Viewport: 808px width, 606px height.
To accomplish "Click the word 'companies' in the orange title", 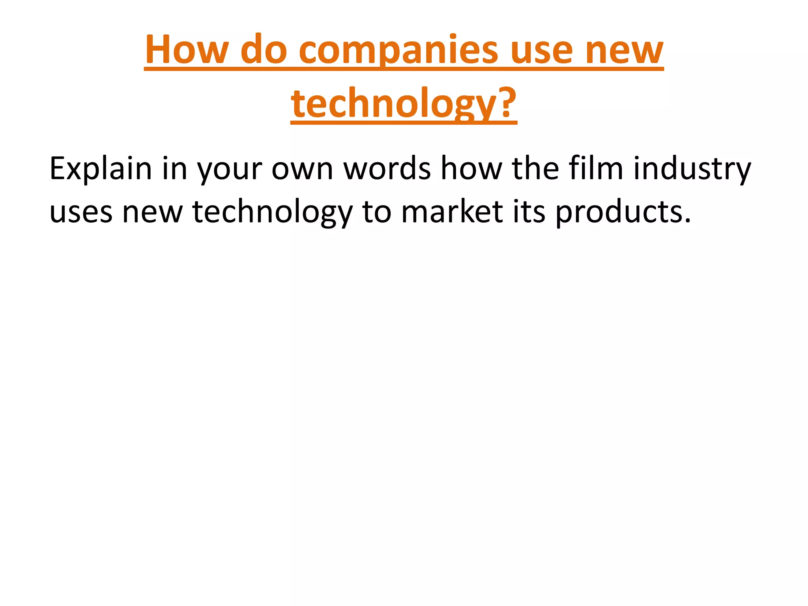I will click(x=398, y=50).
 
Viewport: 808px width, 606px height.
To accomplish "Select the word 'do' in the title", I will click(x=264, y=50).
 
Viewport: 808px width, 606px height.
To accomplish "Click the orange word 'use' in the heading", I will click(x=541, y=50).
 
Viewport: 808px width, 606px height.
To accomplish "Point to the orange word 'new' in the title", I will click(x=624, y=50).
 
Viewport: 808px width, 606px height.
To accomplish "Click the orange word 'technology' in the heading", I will click(x=391, y=103).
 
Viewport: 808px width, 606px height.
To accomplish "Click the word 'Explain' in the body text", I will click(x=101, y=169).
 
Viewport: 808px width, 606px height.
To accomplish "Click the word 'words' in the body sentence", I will click(x=387, y=169).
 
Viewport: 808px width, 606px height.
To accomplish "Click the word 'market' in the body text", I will click(x=452, y=212).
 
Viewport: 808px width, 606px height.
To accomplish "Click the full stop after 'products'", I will click(x=688, y=221).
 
